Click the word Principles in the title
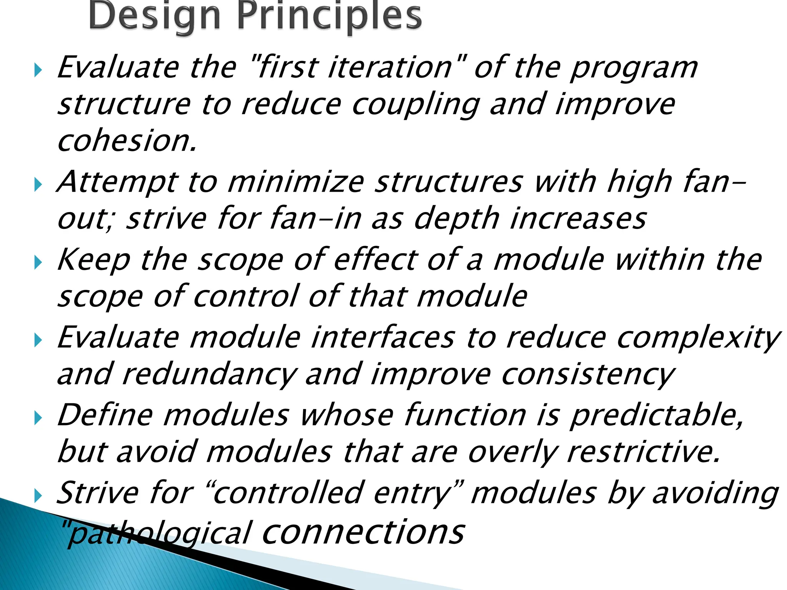tap(330, 16)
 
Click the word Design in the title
tap(154, 16)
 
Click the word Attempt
tap(117, 182)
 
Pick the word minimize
tap(296, 181)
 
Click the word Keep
tap(94, 260)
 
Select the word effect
tap(374, 260)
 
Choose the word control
tap(246, 297)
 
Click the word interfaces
tap(383, 337)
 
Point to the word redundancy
tap(209, 375)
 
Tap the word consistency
tap(588, 375)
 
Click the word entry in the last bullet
tap(415, 493)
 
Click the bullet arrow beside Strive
tap(38, 495)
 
